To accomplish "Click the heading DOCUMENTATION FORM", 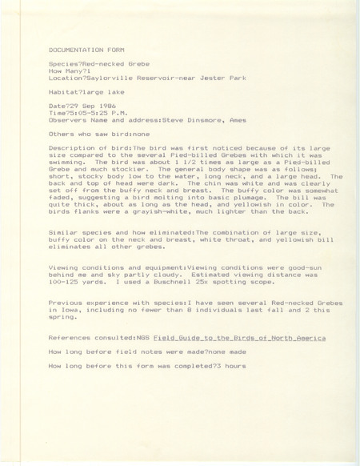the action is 82,49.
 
